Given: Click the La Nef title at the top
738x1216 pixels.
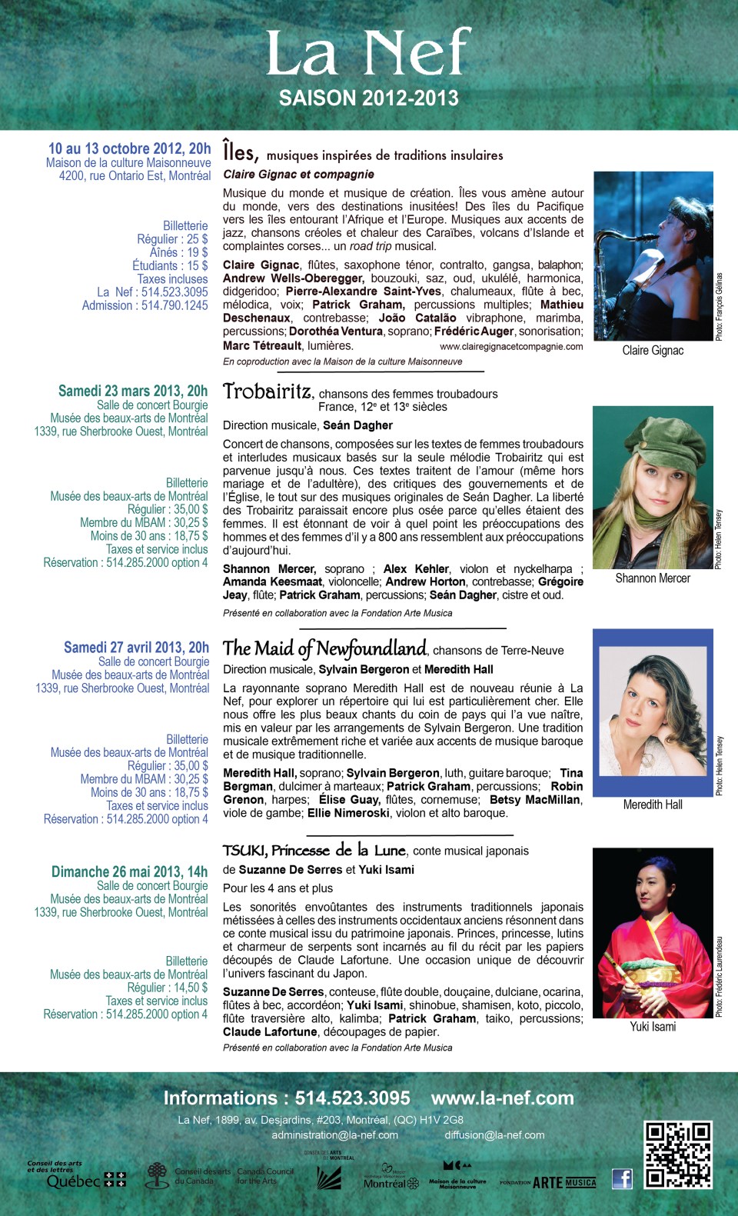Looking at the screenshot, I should tap(368, 54).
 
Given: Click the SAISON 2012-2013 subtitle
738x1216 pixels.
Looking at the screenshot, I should tap(369, 98).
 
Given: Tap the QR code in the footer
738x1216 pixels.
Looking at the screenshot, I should tap(677, 1154).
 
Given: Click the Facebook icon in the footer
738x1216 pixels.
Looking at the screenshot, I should tap(622, 1178).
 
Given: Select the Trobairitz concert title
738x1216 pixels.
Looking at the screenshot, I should tap(268, 391).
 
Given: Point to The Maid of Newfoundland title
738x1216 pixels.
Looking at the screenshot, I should tap(324, 648).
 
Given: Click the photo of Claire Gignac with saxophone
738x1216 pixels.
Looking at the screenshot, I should tap(653, 256).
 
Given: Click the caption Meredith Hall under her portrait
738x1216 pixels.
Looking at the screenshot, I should tap(653, 805).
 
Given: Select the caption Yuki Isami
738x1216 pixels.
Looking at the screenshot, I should tap(653, 1027).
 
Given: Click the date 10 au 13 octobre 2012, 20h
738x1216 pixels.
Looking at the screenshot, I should tap(129, 148).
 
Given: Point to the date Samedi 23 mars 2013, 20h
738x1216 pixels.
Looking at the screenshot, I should tap(133, 391).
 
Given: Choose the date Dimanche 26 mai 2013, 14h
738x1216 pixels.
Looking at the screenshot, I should tap(129, 871).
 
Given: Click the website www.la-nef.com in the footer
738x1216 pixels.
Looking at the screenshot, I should tap(502, 1098).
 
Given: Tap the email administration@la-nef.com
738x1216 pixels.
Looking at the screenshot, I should tap(334, 1134).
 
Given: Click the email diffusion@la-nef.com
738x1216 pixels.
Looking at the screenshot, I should tap(494, 1134).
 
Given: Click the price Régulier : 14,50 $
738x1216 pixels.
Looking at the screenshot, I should tap(167, 988).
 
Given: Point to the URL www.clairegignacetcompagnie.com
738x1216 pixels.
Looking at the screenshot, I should tap(511, 346).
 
